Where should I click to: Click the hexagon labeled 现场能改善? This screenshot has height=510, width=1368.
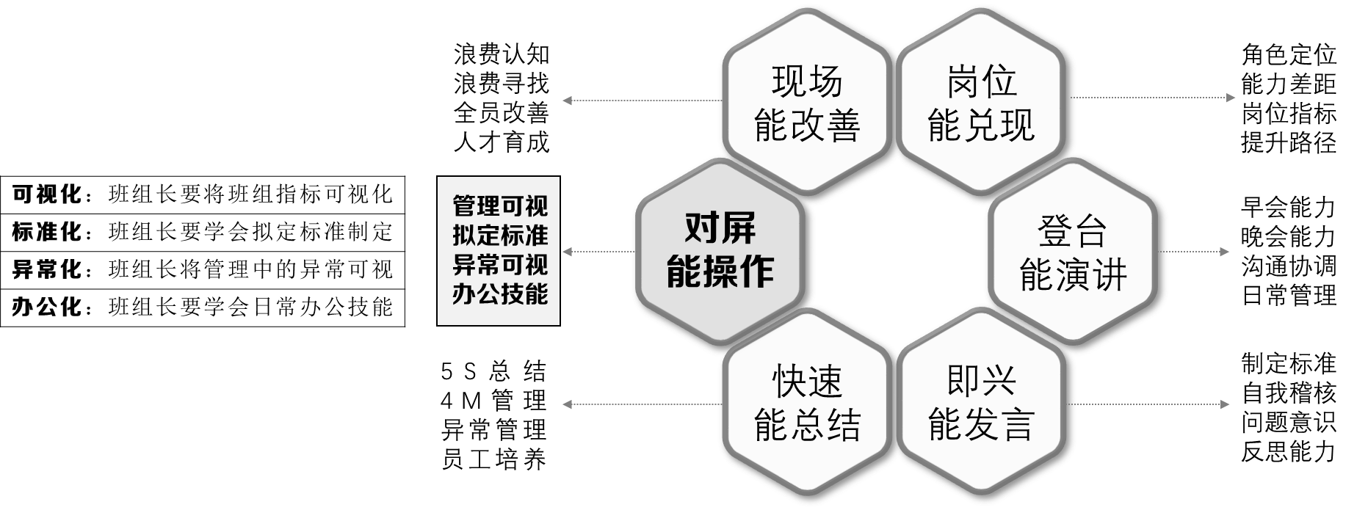pos(806,103)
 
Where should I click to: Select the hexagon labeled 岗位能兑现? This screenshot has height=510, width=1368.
pos(981,103)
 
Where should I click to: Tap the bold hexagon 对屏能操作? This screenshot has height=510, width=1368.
pos(720,251)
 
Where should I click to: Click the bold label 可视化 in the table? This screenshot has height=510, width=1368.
pos(46,194)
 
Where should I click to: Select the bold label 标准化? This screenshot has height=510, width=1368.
pos(46,232)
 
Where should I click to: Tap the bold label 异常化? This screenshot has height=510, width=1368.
pos(46,269)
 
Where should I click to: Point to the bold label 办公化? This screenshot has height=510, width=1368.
pos(46,307)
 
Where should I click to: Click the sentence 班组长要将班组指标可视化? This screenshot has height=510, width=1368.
pos(250,194)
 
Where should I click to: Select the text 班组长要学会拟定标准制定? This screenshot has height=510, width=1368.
pos(250,232)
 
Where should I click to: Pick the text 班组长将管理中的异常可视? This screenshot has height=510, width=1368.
pos(250,269)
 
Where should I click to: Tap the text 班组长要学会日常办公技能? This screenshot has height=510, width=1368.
pos(250,307)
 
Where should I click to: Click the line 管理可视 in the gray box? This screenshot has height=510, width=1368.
pos(499,206)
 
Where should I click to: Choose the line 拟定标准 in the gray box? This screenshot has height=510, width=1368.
pos(499,236)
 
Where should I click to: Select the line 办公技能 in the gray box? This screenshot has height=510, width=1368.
pos(499,294)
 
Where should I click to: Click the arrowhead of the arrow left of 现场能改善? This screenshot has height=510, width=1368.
pos(567,101)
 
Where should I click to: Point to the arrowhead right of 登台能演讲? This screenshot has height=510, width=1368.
pos(1224,252)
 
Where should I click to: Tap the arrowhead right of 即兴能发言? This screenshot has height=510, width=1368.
pos(1224,404)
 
